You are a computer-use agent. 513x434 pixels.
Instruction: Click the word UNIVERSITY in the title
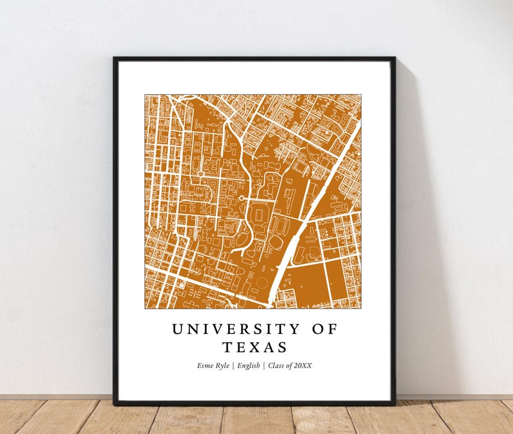tap(236, 329)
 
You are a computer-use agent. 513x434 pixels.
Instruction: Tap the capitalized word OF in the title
tap(325, 329)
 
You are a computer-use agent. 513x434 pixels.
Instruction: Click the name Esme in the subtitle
tap(206, 366)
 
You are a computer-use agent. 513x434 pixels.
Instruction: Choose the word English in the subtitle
tap(249, 366)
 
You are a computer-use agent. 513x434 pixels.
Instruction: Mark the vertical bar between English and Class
tap(263, 366)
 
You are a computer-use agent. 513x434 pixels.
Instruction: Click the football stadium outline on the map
tap(260, 214)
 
